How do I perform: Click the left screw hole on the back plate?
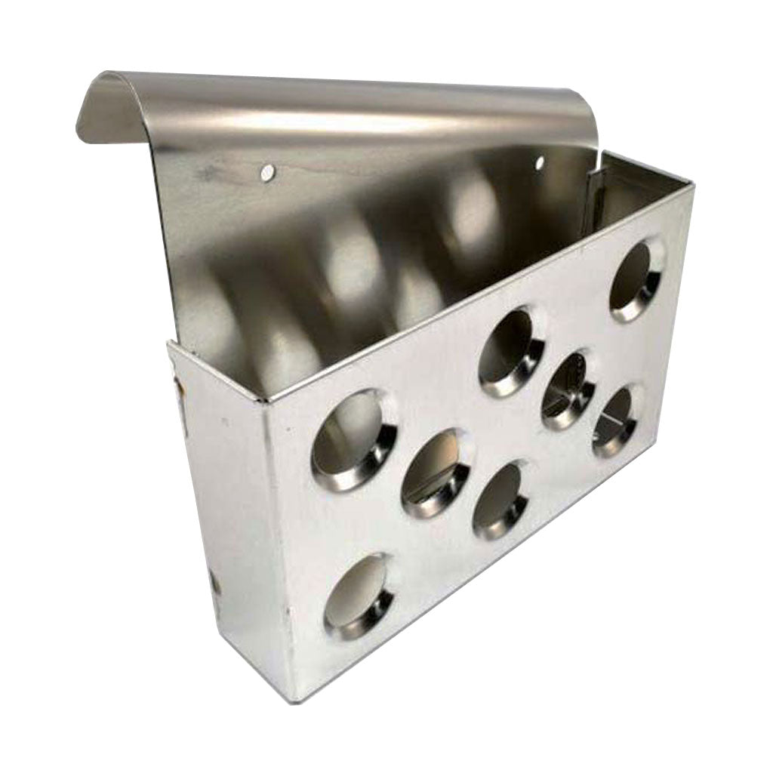[x=266, y=173]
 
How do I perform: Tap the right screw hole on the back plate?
[x=539, y=162]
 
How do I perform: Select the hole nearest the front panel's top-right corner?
[x=636, y=279]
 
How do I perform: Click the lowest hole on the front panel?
[x=358, y=596]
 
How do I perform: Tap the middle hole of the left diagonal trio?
[x=436, y=473]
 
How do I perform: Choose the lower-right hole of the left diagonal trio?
[x=500, y=500]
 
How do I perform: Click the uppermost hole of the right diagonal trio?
[x=511, y=351]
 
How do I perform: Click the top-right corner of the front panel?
[x=691, y=186]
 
